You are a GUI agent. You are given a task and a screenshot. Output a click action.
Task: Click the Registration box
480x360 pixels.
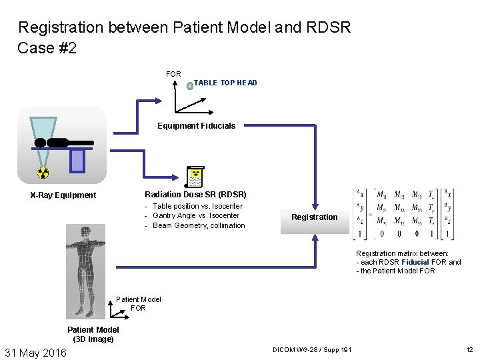[x=315, y=217]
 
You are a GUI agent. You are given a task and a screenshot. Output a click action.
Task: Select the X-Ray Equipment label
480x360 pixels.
[x=63, y=195]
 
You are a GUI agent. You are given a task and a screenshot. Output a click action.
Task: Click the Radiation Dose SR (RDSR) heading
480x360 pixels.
[x=195, y=195]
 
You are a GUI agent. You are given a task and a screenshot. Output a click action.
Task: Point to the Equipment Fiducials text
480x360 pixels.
[x=196, y=125]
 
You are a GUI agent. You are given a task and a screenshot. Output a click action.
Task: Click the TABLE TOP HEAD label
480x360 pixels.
[x=225, y=83]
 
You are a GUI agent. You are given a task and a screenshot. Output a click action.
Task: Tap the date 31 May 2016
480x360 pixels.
[x=36, y=352]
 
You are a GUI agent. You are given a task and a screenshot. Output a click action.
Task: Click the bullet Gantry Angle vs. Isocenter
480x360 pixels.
[x=195, y=215]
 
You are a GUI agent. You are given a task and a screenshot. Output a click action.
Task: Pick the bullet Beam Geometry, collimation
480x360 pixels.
[x=199, y=225]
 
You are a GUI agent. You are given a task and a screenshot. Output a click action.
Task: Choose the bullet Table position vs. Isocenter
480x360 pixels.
[x=197, y=206]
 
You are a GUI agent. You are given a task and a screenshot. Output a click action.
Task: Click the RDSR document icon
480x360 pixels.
[x=195, y=175]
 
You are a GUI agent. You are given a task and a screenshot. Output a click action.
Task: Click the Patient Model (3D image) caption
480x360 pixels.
[x=93, y=334]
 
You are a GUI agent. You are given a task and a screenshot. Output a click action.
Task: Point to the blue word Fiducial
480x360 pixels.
[x=415, y=262]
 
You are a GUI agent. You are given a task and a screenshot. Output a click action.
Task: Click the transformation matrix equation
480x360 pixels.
[x=404, y=214]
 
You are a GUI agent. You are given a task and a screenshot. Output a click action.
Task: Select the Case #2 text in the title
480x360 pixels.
[x=47, y=48]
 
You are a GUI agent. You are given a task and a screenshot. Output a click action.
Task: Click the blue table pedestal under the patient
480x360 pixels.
[x=77, y=159]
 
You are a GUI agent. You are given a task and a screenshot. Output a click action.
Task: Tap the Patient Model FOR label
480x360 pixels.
[x=139, y=304]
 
